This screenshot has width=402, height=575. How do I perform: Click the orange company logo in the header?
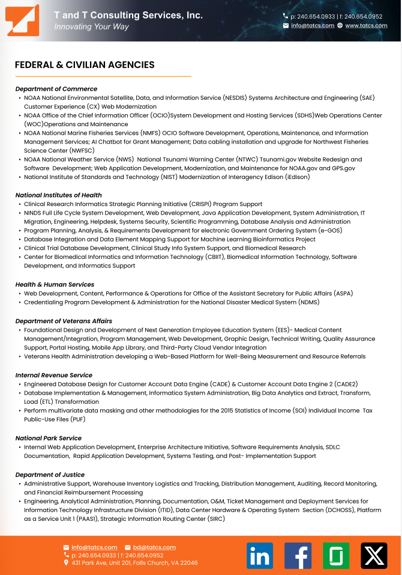(23, 20)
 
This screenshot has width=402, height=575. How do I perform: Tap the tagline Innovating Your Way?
(91, 27)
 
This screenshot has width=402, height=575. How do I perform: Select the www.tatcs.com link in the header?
(366, 26)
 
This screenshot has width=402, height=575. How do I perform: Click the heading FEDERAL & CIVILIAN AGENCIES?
(85, 65)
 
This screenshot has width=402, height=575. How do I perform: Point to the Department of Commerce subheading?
(56, 89)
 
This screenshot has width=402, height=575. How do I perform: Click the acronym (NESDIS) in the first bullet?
(234, 97)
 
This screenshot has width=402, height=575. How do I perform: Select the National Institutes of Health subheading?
(58, 195)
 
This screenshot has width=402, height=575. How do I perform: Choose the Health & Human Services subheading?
(55, 285)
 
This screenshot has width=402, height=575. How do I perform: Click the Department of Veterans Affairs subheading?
(64, 321)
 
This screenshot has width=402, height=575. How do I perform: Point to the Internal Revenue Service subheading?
(53, 376)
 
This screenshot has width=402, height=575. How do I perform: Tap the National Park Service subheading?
(48, 439)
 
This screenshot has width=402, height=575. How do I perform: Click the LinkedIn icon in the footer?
(259, 556)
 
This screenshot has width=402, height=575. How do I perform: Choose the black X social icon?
(374, 556)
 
